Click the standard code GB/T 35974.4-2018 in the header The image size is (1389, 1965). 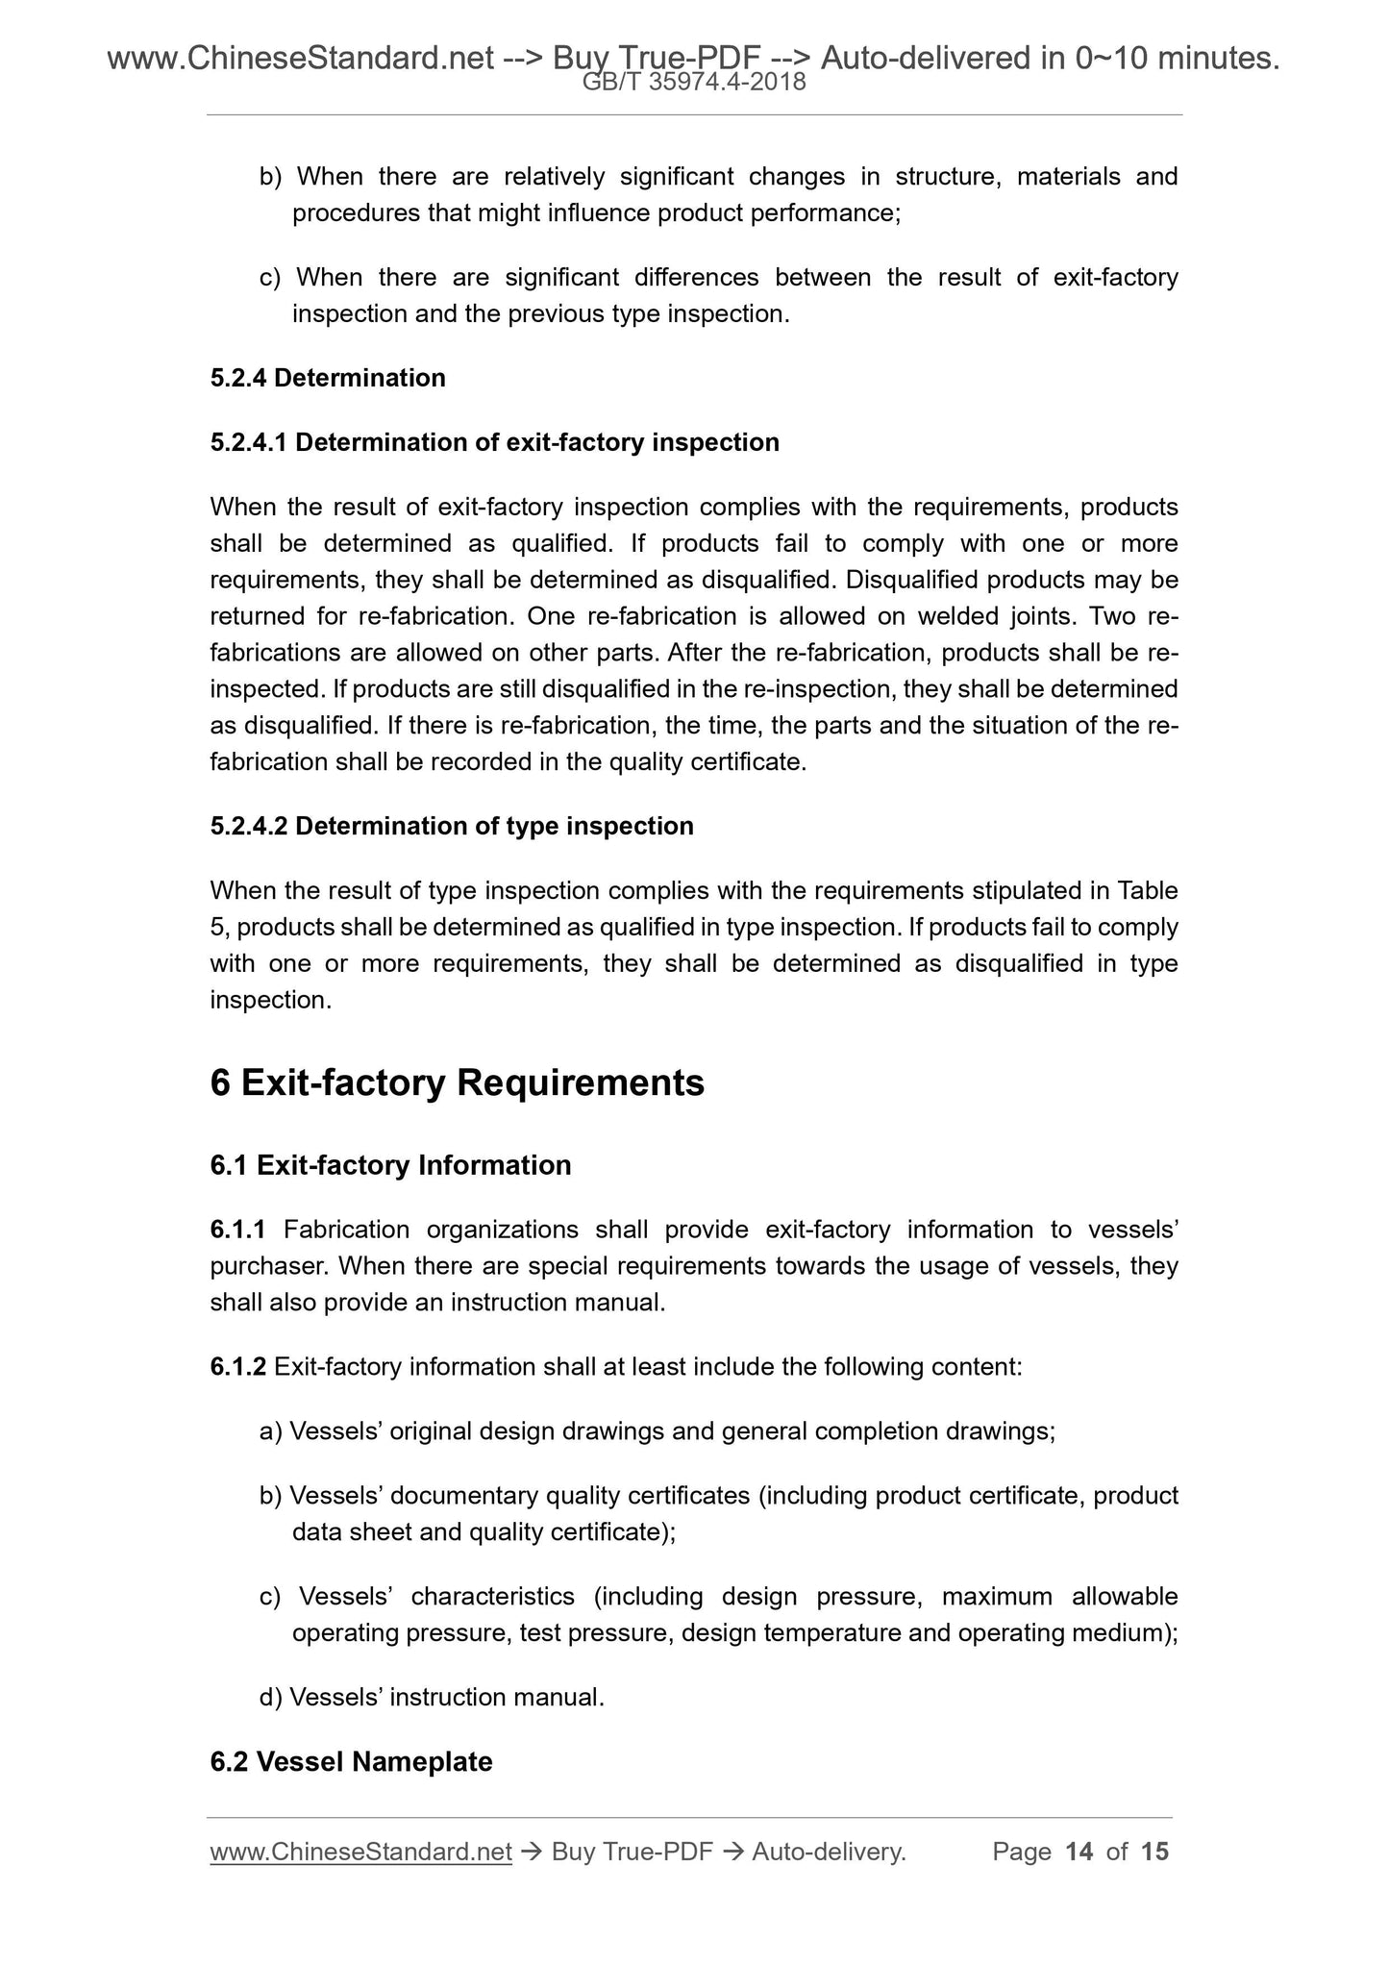pos(694,84)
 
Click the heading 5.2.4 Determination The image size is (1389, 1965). pos(328,378)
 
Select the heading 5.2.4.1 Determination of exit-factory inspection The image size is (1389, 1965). pos(494,442)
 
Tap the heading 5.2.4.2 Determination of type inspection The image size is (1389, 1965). pos(452,826)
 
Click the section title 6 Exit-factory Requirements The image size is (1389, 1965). pos(457,1083)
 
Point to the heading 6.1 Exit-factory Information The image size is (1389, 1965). pos(390,1165)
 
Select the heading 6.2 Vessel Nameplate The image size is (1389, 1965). pos(351,1761)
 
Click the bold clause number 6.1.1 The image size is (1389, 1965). pos(237,1230)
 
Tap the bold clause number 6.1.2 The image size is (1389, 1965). pos(237,1366)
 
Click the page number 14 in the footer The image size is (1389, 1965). pos(1079,1852)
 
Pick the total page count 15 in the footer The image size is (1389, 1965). pos(1154,1852)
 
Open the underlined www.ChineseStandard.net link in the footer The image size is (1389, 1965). pos(360,1852)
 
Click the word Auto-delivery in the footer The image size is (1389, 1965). pos(828,1852)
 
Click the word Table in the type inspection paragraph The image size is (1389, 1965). pos(1148,890)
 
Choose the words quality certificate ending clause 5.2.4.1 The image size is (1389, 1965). pos(706,762)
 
